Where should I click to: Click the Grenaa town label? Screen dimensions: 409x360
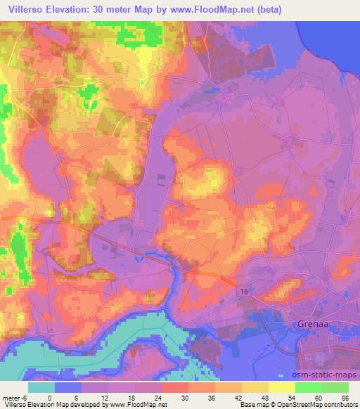click(306, 325)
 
